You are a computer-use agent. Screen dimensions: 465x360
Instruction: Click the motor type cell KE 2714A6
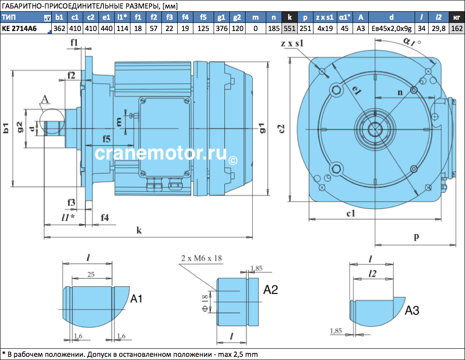click(20, 29)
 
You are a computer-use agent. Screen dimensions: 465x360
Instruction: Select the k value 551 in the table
click(290, 29)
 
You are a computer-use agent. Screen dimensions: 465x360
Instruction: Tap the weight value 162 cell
click(457, 29)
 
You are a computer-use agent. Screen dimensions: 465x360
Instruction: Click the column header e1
click(107, 17)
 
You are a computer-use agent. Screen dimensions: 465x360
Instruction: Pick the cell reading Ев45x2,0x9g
click(391, 29)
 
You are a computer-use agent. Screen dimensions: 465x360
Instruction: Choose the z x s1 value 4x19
click(325, 29)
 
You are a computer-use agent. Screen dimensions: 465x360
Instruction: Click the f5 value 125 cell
click(203, 29)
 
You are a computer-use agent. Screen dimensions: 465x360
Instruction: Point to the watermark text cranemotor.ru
click(161, 153)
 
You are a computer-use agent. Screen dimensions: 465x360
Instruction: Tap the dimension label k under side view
click(139, 230)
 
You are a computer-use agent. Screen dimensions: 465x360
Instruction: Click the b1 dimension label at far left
click(6, 128)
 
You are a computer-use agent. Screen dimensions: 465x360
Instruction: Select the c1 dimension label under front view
click(351, 213)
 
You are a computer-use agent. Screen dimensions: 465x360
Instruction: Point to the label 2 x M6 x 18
click(201, 258)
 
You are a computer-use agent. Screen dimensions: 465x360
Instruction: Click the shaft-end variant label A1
click(136, 299)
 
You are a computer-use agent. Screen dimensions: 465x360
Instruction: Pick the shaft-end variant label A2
click(270, 290)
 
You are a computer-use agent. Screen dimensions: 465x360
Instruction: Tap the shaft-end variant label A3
click(412, 311)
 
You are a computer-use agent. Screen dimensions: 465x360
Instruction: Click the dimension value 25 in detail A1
click(91, 275)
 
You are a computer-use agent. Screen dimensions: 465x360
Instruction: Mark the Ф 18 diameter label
click(205, 303)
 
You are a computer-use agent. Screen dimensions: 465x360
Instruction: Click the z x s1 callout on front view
click(292, 44)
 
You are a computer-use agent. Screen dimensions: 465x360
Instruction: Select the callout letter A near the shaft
click(45, 99)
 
